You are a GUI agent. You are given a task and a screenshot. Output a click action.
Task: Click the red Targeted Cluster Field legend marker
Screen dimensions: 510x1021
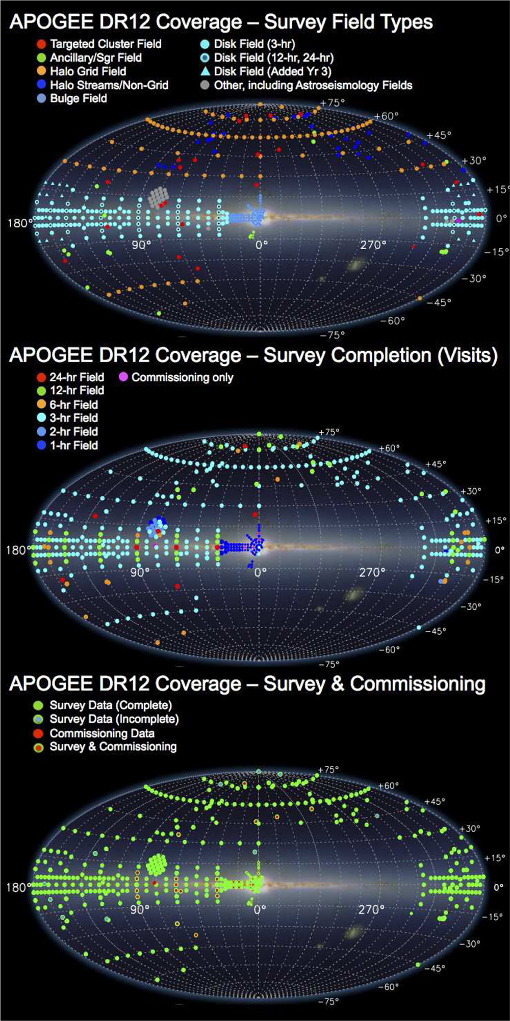pyautogui.click(x=41, y=44)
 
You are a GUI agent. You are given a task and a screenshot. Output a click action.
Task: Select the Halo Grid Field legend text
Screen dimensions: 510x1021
pyautogui.click(x=88, y=71)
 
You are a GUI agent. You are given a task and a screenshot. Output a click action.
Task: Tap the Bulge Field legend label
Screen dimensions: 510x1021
pyautogui.click(x=79, y=98)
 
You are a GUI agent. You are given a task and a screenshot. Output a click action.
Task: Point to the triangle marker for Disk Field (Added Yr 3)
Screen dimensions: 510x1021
pyautogui.click(x=205, y=71)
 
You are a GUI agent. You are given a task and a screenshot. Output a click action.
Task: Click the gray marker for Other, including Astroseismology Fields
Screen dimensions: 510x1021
pyautogui.click(x=205, y=85)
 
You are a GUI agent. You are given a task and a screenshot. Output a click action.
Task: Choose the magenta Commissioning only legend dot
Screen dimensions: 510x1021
pyautogui.click(x=123, y=377)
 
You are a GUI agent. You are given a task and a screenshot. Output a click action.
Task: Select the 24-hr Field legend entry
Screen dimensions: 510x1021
pyautogui.click(x=76, y=377)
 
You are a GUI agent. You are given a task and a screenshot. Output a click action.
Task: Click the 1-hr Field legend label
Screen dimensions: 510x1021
pyautogui.click(x=73, y=445)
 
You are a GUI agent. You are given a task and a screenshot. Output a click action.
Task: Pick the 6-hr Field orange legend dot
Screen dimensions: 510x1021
pyautogui.click(x=41, y=405)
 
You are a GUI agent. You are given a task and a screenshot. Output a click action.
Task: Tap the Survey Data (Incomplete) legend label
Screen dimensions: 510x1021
pyautogui.click(x=114, y=719)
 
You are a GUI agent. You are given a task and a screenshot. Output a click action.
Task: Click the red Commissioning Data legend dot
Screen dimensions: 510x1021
pyautogui.click(x=38, y=733)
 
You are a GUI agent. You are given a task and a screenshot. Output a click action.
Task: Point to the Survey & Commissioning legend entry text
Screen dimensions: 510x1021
pyautogui.click(x=113, y=747)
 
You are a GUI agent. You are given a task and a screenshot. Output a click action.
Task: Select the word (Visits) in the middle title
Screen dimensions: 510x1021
pyautogui.click(x=467, y=355)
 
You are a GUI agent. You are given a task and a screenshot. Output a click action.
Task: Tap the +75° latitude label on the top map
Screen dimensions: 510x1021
pyautogui.click(x=332, y=102)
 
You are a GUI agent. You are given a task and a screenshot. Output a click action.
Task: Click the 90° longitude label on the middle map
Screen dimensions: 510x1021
pyautogui.click(x=139, y=572)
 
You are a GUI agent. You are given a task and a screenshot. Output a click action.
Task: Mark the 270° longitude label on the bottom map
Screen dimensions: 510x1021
pyautogui.click(x=371, y=909)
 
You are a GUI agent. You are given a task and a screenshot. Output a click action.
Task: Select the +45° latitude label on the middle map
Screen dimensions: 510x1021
pyautogui.click(x=436, y=464)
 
